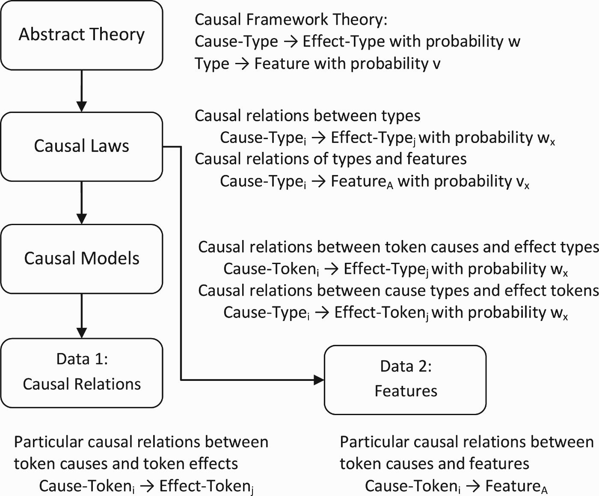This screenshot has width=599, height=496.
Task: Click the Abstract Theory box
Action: [82, 35]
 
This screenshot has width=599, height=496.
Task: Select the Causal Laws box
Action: [82, 146]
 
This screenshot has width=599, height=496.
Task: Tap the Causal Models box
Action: [82, 258]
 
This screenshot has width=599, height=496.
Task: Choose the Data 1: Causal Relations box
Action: [82, 373]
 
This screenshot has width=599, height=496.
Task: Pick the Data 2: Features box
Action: [405, 380]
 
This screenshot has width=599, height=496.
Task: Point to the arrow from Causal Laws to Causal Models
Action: [82, 203]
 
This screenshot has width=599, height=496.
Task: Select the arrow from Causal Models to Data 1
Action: [82, 316]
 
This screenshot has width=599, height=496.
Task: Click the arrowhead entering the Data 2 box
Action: [319, 380]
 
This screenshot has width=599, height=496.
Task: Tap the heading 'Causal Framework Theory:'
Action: [291, 20]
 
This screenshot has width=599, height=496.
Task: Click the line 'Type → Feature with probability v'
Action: [317, 63]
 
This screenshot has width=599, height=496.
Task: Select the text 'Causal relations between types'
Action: [308, 116]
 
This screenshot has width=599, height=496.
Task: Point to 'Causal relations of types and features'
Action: [330, 159]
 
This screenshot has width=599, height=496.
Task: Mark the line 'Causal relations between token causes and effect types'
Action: [398, 247]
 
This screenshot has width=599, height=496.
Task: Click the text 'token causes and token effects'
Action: [126, 464]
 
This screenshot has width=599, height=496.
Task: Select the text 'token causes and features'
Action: [434, 464]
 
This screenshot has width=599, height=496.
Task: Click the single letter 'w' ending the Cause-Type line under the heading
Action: [514, 42]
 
